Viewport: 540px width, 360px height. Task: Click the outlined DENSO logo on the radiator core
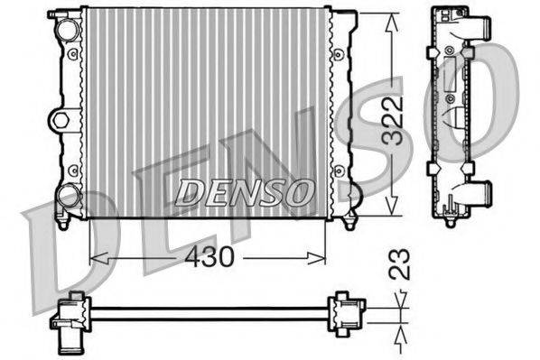coord(244,191)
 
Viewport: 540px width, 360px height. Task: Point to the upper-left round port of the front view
coord(67,29)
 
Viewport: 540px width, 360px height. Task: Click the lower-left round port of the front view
coord(69,194)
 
